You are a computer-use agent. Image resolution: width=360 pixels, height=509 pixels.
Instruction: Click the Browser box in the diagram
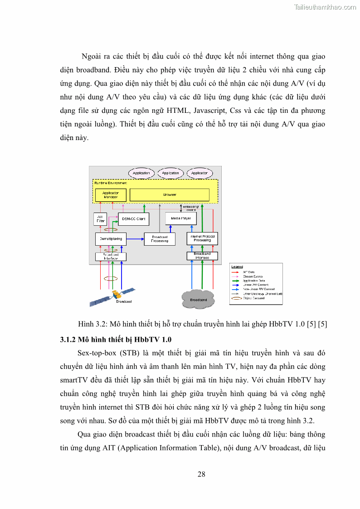[x=169, y=195]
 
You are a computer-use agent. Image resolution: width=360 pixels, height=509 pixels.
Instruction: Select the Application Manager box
[x=111, y=195]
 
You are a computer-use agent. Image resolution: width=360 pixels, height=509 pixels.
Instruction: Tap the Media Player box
[x=181, y=218]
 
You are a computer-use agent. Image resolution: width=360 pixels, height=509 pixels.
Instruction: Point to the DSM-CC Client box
[x=133, y=218]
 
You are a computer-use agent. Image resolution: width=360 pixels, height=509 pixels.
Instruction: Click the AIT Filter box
[x=100, y=219]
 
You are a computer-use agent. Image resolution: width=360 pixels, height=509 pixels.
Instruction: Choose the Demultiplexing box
[x=111, y=238]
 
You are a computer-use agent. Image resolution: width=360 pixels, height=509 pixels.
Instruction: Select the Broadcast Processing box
[x=160, y=239]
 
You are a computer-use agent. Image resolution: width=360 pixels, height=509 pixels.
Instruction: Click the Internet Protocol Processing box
[x=202, y=238]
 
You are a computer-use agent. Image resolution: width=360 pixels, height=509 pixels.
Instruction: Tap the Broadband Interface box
[x=202, y=256]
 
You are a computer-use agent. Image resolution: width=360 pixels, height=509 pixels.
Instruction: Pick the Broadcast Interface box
[x=111, y=257]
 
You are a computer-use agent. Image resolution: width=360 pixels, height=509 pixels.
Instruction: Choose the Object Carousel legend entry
[x=255, y=298]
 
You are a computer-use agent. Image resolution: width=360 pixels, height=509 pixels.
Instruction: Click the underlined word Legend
[x=237, y=267]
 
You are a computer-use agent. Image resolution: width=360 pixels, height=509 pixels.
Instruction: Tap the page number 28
[x=201, y=474]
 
